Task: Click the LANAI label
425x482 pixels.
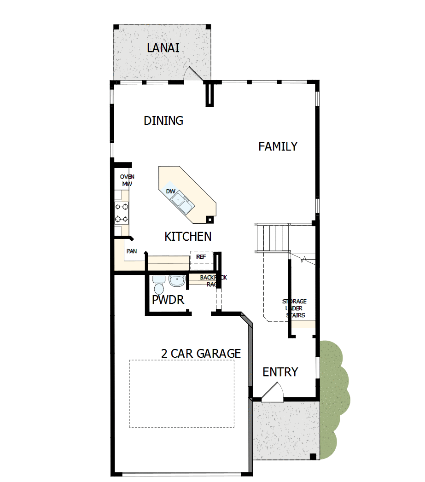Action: click(x=163, y=47)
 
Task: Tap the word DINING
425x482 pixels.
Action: click(x=163, y=121)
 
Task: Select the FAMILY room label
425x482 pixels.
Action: click(x=278, y=146)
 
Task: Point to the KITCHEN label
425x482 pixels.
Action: click(x=188, y=237)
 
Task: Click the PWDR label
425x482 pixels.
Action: click(x=168, y=300)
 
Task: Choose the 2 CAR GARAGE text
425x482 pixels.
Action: click(x=201, y=354)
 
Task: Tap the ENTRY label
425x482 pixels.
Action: click(x=280, y=372)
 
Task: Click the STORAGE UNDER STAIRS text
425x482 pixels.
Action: click(x=295, y=308)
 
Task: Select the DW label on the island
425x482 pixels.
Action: click(x=170, y=191)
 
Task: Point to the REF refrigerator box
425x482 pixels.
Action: click(x=201, y=260)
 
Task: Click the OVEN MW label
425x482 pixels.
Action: click(x=127, y=180)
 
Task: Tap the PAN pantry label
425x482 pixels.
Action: click(x=132, y=251)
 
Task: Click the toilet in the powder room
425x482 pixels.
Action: click(x=158, y=285)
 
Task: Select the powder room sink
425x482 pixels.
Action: click(x=176, y=280)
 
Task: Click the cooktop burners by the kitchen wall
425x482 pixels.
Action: click(x=121, y=213)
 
